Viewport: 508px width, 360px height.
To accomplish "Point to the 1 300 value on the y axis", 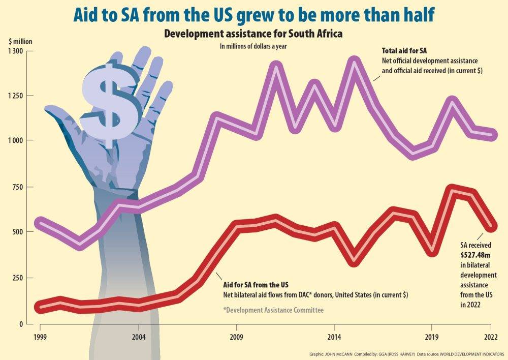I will pos(15,51).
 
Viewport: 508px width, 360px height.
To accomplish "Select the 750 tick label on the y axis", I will pos(18,187).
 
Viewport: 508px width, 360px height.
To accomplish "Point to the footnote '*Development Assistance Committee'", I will pos(273,310).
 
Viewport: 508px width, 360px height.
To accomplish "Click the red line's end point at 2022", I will pos(491,225).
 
